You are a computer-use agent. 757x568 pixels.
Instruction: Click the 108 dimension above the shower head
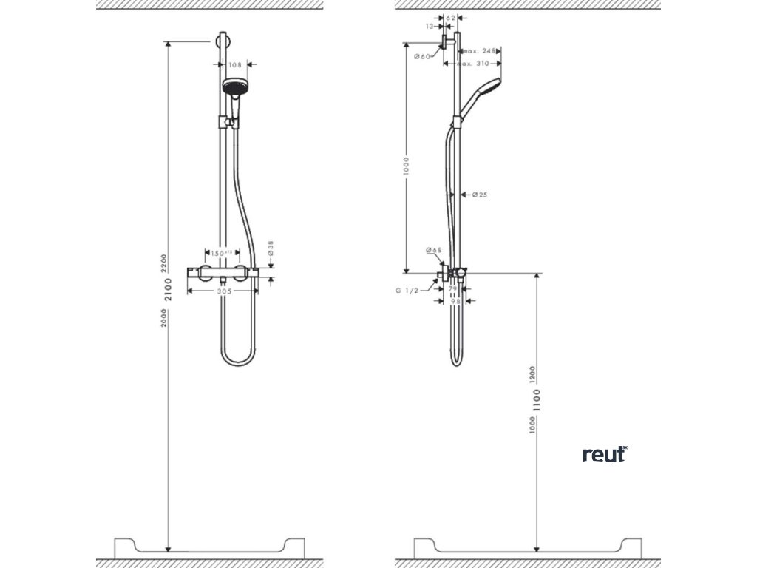tap(235, 65)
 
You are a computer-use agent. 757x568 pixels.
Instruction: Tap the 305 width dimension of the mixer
tap(225, 291)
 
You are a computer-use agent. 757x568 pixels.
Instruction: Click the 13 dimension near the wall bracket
tap(430, 26)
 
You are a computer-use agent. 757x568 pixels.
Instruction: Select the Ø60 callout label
tap(422, 57)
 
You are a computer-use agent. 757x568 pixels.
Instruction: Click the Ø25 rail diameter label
tap(479, 195)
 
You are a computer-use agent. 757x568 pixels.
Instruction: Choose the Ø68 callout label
tap(433, 251)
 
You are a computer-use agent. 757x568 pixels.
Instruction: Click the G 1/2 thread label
tap(407, 291)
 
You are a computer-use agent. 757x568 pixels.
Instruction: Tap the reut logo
tap(604, 453)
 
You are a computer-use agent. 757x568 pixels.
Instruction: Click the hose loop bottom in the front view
tap(238, 362)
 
